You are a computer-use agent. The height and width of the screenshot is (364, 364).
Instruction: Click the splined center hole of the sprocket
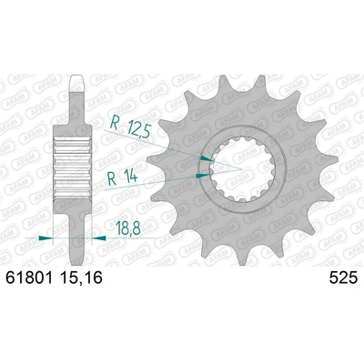tap(242, 164)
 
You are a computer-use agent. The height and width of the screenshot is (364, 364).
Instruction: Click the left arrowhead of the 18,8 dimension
tap(44, 236)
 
